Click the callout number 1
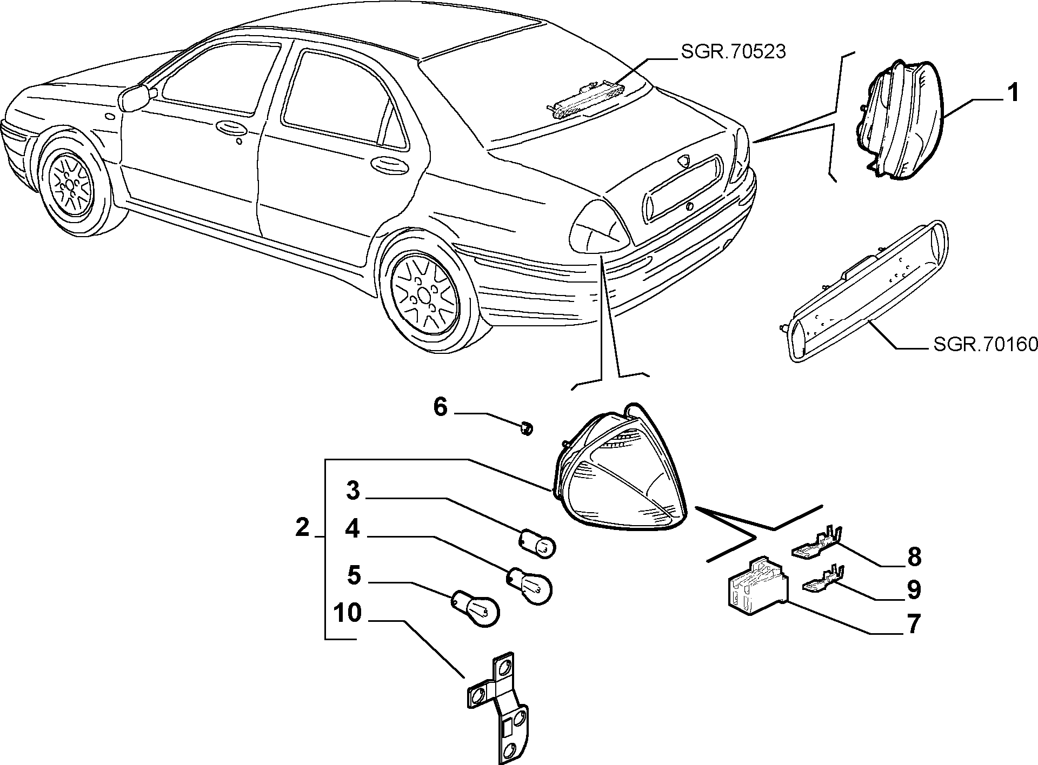tap(1013, 93)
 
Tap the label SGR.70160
tap(985, 344)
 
